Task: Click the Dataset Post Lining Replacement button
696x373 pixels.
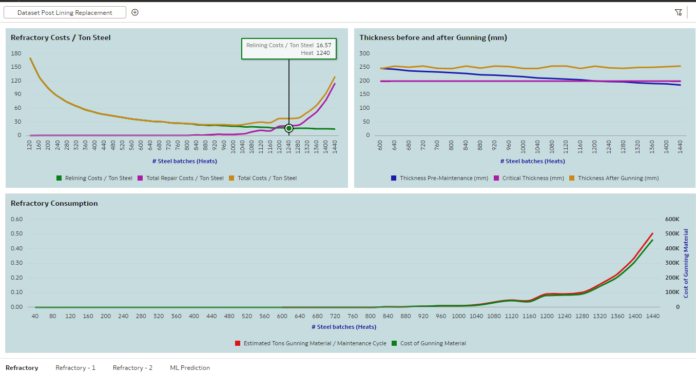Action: click(x=65, y=12)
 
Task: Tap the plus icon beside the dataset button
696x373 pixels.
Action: click(x=135, y=12)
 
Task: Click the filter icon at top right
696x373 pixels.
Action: click(x=678, y=12)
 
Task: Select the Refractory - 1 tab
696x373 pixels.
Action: click(x=75, y=367)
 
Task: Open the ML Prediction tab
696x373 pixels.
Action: click(x=190, y=367)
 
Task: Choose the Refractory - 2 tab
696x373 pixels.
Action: click(x=132, y=367)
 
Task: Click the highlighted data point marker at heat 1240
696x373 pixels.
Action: click(x=289, y=128)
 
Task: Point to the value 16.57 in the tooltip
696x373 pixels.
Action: click(x=323, y=45)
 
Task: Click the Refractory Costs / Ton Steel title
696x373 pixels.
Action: click(x=61, y=37)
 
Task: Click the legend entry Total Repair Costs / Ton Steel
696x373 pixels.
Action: click(x=185, y=178)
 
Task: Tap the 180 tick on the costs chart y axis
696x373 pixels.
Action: click(x=16, y=53)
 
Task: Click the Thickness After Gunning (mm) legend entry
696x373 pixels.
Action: click(x=618, y=178)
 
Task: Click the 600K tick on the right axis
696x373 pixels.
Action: click(x=672, y=219)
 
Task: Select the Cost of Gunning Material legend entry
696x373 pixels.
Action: click(x=433, y=343)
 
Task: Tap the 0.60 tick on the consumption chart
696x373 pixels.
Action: click(x=17, y=219)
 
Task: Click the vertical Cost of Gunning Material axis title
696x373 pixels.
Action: click(x=686, y=263)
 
